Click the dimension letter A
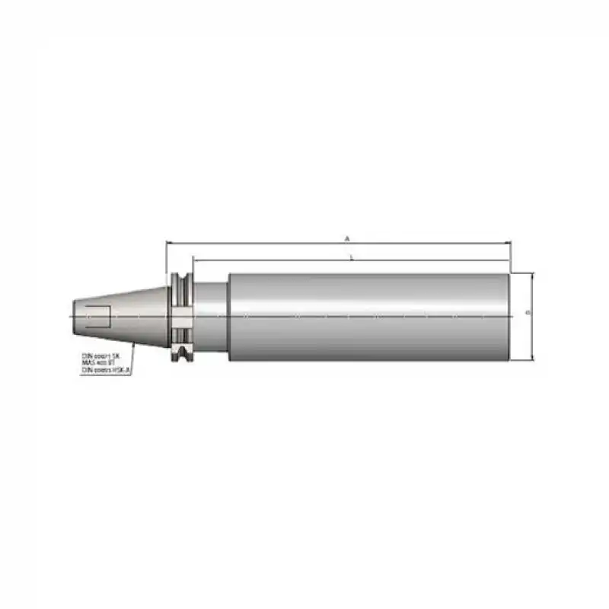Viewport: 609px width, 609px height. pos(347,238)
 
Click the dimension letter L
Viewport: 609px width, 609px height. pos(350,257)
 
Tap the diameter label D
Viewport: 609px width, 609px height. pos(528,313)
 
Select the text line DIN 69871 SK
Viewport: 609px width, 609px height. pos(101,355)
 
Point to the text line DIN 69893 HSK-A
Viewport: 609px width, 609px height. pos(107,370)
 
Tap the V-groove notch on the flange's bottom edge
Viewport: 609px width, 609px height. pos(181,352)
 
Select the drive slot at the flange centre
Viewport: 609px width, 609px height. pos(181,315)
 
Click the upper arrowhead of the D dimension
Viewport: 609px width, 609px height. pos(533,275)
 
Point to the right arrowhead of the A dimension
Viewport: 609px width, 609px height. pos(508,244)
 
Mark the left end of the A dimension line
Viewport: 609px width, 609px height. pos(167,244)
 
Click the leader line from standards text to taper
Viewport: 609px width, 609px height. pos(132,349)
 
